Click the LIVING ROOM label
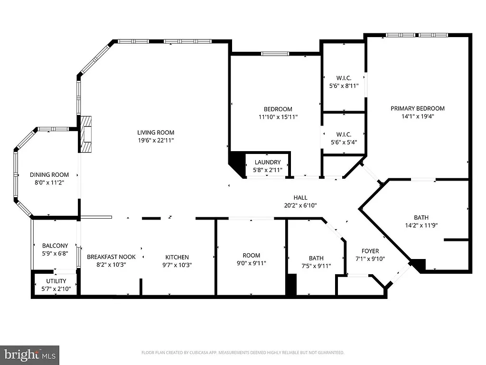(x=156, y=133)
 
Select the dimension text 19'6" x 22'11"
(x=156, y=141)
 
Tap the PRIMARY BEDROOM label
(x=418, y=108)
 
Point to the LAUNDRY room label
(x=267, y=163)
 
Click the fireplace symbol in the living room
(x=85, y=134)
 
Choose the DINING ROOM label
(x=49, y=174)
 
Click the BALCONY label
(x=55, y=246)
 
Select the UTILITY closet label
(x=56, y=281)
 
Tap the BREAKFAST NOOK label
(x=111, y=257)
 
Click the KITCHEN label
(x=177, y=257)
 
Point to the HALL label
(x=300, y=198)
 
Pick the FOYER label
(x=370, y=251)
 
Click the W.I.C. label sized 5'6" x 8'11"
(x=344, y=78)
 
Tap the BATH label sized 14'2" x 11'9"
(x=421, y=218)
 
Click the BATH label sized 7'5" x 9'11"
(x=316, y=258)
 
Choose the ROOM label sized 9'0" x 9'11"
(x=252, y=255)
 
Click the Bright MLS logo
(x=29, y=354)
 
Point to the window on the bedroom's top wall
(x=275, y=54)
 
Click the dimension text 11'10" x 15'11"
(x=278, y=117)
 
